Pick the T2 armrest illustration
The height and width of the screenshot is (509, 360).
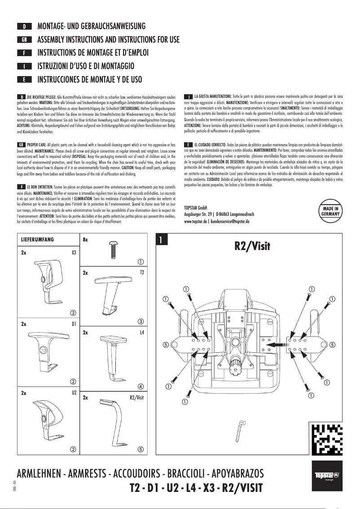(x=112, y=294)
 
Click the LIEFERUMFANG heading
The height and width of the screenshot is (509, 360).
(x=38, y=240)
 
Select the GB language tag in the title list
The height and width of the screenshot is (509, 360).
(x=24, y=40)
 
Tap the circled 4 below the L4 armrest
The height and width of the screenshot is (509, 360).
(x=140, y=386)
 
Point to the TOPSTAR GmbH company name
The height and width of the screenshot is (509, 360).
(x=195, y=207)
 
